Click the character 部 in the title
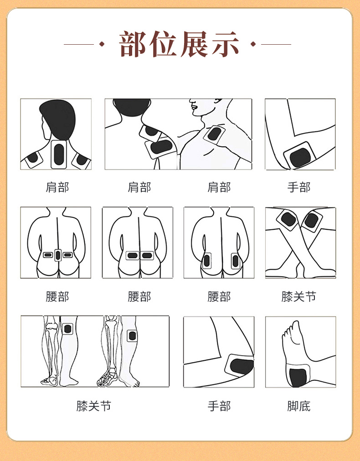pos(134,44)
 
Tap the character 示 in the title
pos(224,44)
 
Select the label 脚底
pos(299,406)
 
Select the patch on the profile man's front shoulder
pos(214,135)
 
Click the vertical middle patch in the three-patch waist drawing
pos(58,255)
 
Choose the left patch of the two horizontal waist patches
pos(133,255)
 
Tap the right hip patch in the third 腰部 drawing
pos(235,261)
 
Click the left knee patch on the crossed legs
pos(288,219)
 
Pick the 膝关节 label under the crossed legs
pos(299,297)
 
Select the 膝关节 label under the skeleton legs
pos(94,406)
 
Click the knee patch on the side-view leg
pos(132,336)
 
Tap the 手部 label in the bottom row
pos(219,406)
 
